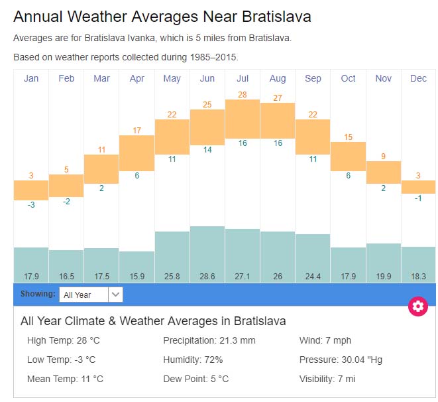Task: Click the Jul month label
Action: [x=243, y=78]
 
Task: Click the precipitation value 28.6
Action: [x=207, y=275]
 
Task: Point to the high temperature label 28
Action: [x=243, y=94]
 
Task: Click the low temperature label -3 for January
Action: [x=30, y=205]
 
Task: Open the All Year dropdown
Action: [x=91, y=295]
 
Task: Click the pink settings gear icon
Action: [x=417, y=306]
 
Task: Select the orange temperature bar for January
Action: [x=31, y=190]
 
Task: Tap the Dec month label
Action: [x=418, y=78]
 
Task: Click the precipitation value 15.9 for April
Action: [x=137, y=275]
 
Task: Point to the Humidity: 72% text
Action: [x=193, y=360]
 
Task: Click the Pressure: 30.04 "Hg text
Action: [x=341, y=360]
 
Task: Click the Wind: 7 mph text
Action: [x=325, y=340]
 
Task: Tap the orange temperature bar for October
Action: [x=348, y=156]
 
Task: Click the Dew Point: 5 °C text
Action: [x=196, y=379]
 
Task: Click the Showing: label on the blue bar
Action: [x=37, y=294]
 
